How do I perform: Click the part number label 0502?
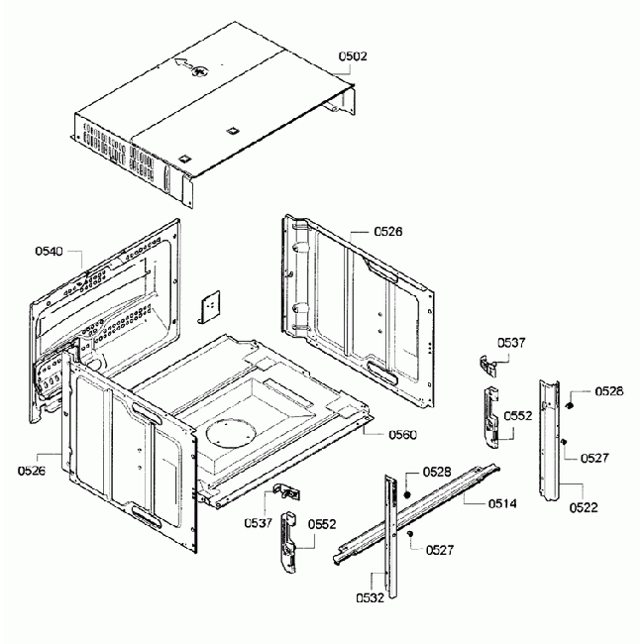coord(352,57)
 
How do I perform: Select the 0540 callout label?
coord(49,252)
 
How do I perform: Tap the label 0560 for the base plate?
coord(376,434)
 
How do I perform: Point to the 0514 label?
coord(502,503)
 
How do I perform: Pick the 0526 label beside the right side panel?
coord(388,232)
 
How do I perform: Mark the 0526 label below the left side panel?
coord(32,470)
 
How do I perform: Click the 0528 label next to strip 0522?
coord(608,392)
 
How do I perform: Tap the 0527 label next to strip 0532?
coord(441,548)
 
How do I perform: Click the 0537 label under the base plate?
coord(261,522)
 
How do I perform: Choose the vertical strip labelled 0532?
coord(390,535)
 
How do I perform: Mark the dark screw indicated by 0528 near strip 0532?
coord(407,492)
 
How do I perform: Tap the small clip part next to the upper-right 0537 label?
coord(487,365)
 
